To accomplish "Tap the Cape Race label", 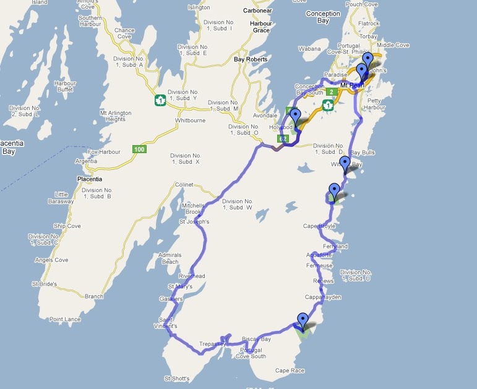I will click(x=290, y=370).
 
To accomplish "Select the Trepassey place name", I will click(x=213, y=343).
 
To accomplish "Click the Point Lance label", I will click(x=65, y=319).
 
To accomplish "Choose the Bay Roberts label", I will click(x=251, y=59).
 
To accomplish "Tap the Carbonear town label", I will click(x=257, y=11).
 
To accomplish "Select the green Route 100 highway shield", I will click(x=139, y=149).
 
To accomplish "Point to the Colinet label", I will click(x=184, y=185).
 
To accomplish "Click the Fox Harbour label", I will click(x=103, y=152).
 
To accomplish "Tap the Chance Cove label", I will click(x=124, y=33).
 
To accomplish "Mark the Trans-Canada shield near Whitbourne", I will click(x=160, y=99).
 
